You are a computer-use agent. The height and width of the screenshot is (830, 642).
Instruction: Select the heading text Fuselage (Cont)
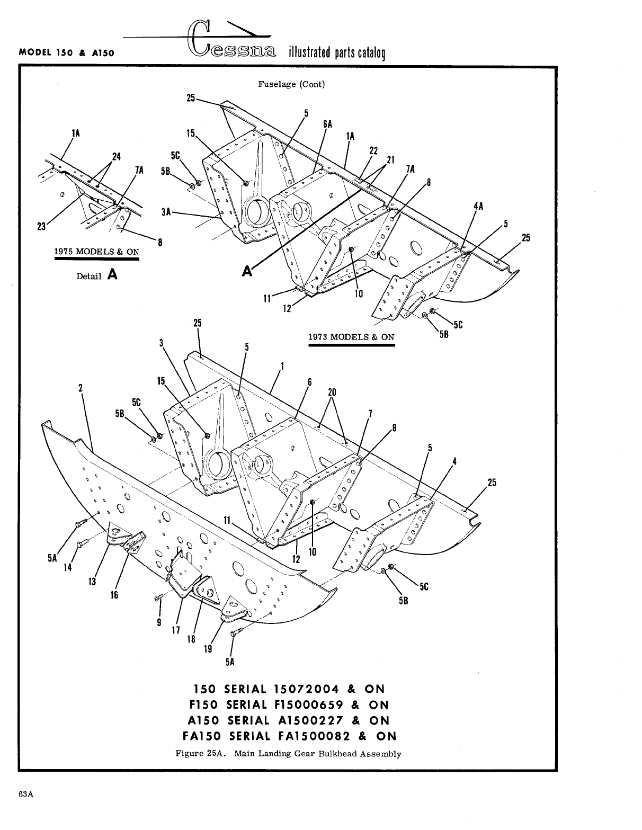coord(291,84)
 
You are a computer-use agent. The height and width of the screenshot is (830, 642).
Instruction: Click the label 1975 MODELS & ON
coord(96,252)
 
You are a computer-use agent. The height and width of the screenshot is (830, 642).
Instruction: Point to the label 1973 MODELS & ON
coord(351,337)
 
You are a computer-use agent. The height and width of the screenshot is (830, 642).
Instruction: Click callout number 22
coord(373,150)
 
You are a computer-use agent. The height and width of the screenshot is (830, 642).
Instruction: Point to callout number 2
coord(81,387)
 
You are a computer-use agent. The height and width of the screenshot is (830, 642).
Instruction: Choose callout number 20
coord(332,392)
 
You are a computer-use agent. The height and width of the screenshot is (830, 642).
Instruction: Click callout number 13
coord(92,582)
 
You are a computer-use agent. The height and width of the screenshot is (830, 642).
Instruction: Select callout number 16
coord(114,595)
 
